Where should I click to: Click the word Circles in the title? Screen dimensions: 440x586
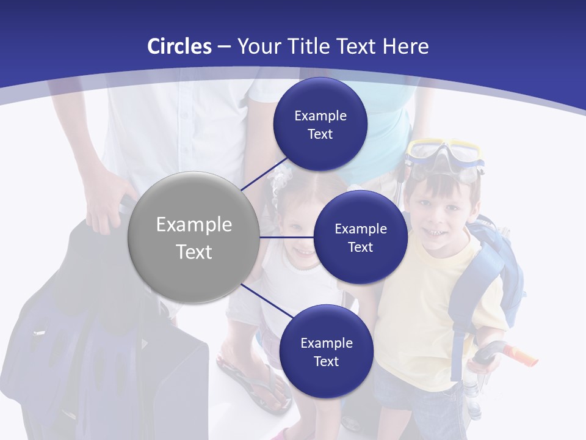point(179,46)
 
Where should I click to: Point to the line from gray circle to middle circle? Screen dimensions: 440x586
point(287,237)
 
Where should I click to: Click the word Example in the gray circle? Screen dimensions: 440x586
point(194,225)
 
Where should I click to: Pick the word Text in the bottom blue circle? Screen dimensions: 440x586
point(326,361)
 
